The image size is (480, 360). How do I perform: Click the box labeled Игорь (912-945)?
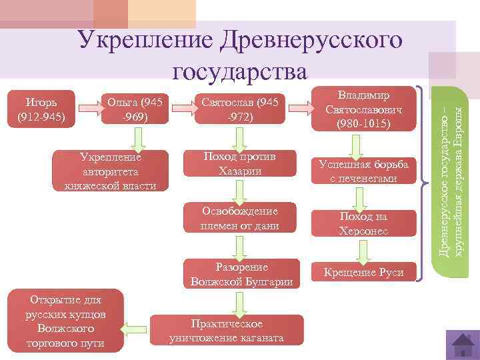(40, 109)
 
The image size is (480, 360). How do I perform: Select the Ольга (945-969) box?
(136, 109)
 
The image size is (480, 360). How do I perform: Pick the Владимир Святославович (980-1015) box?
(363, 108)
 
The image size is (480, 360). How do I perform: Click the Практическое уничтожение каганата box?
(227, 330)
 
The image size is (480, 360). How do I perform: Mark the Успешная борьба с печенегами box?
(363, 171)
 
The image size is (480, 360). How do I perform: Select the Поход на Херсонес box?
(363, 223)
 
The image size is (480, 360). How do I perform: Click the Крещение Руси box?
(363, 272)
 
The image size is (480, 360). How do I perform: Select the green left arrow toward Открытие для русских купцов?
(137, 327)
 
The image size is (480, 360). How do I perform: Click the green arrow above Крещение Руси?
(363, 250)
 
